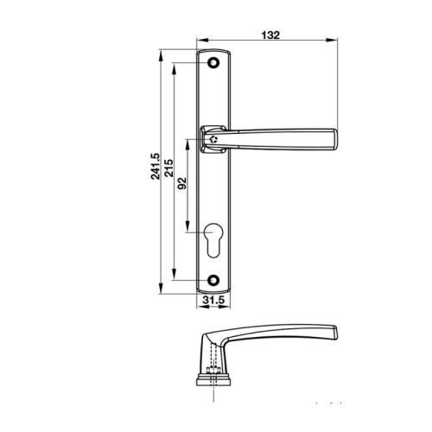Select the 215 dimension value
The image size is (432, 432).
[169, 166]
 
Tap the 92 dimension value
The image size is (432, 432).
[182, 184]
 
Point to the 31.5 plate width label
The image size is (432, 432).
[213, 300]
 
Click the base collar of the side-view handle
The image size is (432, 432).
[213, 377]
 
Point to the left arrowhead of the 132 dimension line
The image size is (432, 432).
[201, 41]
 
